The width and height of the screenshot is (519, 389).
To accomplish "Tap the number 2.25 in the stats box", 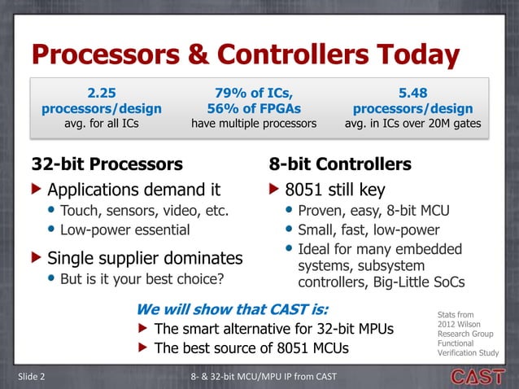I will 102,92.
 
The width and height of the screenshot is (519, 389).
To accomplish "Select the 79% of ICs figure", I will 253,92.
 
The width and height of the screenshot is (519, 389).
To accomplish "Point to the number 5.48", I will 412,92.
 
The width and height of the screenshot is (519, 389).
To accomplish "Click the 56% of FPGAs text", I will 253,108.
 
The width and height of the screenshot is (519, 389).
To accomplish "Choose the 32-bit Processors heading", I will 107,164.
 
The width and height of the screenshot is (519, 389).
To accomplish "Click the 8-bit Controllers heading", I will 339,164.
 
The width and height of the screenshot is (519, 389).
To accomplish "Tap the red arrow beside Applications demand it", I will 36,190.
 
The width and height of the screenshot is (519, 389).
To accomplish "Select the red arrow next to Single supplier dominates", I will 36,259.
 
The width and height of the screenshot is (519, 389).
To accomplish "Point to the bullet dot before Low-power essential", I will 51,229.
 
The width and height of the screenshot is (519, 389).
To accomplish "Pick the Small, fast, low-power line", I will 368,230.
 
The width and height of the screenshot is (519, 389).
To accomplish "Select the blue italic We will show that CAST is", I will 232,309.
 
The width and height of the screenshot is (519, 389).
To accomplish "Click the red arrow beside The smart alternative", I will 142,329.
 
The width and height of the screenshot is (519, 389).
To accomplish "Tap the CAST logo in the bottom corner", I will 478,376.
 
